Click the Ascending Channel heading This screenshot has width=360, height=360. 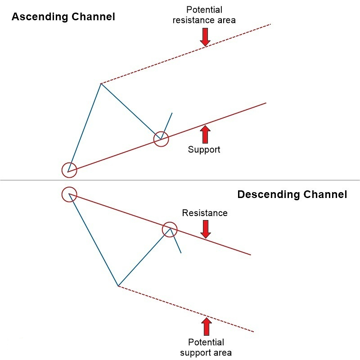63,17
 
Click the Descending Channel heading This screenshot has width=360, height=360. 292,194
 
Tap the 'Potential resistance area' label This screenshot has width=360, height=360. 204,15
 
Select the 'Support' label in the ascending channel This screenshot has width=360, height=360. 204,149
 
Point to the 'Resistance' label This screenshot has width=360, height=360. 205,213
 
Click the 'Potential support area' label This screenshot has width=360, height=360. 206,347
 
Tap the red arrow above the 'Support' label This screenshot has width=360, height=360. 205,134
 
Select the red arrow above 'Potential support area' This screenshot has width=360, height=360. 206,327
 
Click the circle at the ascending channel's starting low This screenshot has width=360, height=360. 69,170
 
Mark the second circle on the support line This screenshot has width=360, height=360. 161,139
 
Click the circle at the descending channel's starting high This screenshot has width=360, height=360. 69,194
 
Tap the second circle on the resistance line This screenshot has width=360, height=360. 170,229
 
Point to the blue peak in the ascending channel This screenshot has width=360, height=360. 101,84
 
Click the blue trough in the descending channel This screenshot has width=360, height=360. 118,286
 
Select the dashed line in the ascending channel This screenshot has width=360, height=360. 184,54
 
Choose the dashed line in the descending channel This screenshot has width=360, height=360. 184,308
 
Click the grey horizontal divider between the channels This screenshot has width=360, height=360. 180,180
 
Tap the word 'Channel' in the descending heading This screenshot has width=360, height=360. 324,194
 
